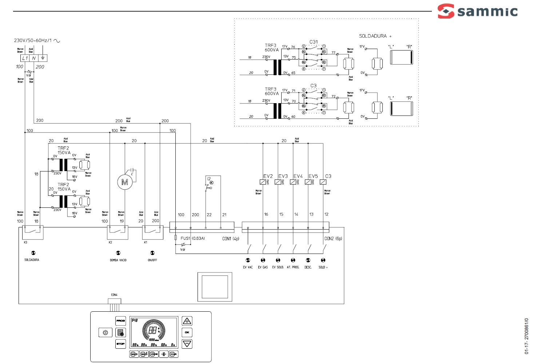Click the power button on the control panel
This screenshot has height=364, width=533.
pyautogui.click(x=105, y=332)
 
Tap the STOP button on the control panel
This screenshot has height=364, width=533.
pyautogui.click(x=120, y=344)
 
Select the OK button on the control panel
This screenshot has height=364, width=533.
pyautogui.click(x=187, y=332)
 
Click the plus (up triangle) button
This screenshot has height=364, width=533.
pyautogui.click(x=187, y=321)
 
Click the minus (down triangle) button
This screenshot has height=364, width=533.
pyautogui.click(x=187, y=344)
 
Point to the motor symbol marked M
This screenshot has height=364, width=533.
pyautogui.click(x=124, y=182)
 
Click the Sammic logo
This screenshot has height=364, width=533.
pyautogui.click(x=477, y=11)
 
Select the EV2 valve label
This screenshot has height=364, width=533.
pyautogui.click(x=268, y=176)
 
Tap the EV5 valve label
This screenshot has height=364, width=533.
pyautogui.click(x=313, y=176)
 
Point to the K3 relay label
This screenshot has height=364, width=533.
pyautogui.click(x=25, y=242)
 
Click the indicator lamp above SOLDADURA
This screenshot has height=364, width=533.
pyautogui.click(x=33, y=253)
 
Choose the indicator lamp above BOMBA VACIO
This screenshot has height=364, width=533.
pyautogui.click(x=118, y=253)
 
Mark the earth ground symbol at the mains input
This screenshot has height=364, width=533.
pyautogui.click(x=43, y=58)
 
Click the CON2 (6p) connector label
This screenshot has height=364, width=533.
pyautogui.click(x=333, y=239)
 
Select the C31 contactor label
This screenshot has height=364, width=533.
pyautogui.click(x=313, y=42)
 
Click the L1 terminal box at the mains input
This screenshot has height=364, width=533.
pyautogui.click(x=25, y=58)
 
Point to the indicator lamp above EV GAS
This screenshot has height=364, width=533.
pyautogui.click(x=263, y=260)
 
